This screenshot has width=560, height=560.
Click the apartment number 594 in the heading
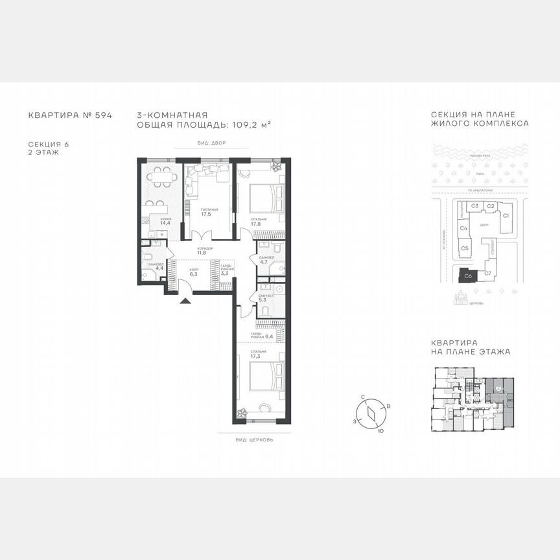(104, 115)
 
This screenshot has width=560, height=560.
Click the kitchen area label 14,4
(156, 224)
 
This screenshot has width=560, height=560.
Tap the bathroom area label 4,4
(159, 268)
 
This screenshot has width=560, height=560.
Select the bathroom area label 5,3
(262, 300)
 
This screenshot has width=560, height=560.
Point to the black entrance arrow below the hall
(186, 300)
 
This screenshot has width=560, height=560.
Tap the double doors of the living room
(205, 236)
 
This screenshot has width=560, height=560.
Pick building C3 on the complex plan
(474, 206)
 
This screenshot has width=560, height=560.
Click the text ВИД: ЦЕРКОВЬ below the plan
(255, 439)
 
